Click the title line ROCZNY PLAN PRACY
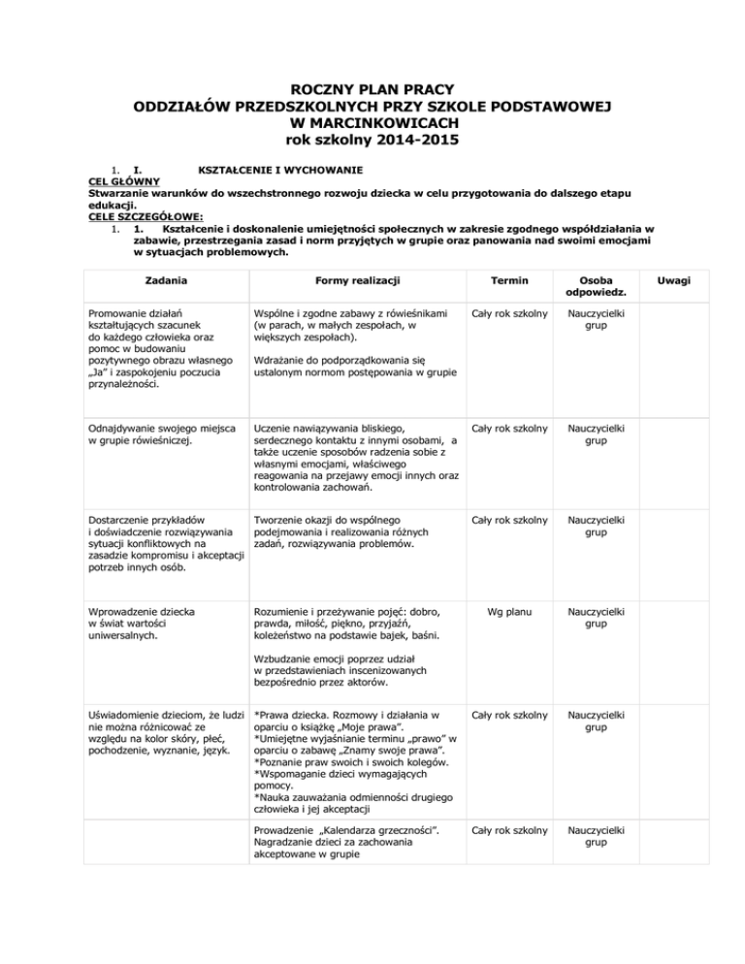pos(372,89)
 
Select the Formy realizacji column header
pos(351,280)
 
